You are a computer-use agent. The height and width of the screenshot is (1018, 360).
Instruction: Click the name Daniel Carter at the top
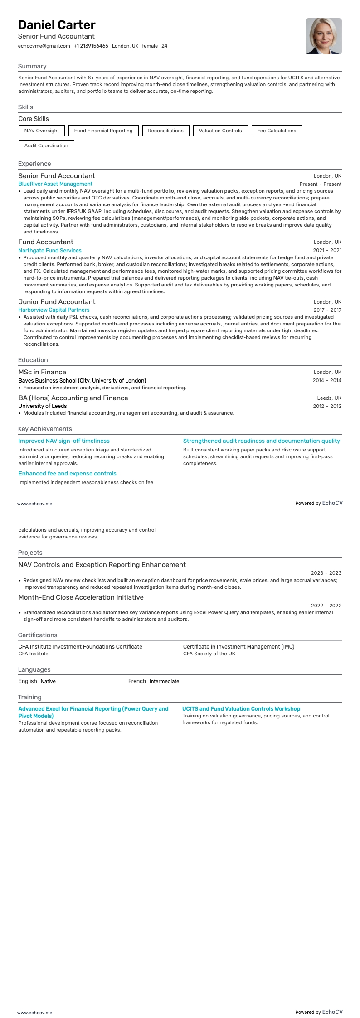[57, 25]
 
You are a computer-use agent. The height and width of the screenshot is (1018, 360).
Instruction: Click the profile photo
[323, 36]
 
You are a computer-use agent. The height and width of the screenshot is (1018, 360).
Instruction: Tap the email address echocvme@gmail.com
[44, 46]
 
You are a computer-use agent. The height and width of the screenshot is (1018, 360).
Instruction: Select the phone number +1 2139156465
[91, 46]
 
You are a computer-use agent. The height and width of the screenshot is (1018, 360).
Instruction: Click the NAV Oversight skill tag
[42, 131]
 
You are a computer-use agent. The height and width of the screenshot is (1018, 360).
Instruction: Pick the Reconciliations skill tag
[165, 131]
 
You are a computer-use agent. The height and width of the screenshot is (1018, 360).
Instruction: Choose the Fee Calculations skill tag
[277, 131]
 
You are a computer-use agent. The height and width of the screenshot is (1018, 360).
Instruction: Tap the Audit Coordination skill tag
[46, 145]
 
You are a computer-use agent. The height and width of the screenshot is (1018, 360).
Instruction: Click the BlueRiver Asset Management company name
[55, 184]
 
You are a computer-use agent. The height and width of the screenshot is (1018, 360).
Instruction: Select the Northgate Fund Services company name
[50, 251]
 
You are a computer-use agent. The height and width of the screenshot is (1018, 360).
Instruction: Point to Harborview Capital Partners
[54, 310]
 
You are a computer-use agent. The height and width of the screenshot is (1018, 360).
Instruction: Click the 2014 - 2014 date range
[327, 380]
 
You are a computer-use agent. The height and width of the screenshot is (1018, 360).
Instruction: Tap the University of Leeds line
[43, 406]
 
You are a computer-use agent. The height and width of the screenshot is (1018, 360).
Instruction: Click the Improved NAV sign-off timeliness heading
[64, 441]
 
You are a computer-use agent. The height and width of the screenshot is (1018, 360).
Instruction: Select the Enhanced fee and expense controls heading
[68, 474]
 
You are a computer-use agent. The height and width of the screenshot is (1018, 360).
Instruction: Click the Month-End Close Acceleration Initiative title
[81, 597]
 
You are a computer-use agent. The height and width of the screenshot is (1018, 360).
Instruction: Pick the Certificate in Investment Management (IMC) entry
[238, 647]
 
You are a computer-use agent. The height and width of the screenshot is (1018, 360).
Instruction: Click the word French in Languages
[137, 681]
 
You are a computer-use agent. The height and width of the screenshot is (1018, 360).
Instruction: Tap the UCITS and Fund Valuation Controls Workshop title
[241, 709]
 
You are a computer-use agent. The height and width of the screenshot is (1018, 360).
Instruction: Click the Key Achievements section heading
[45, 429]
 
